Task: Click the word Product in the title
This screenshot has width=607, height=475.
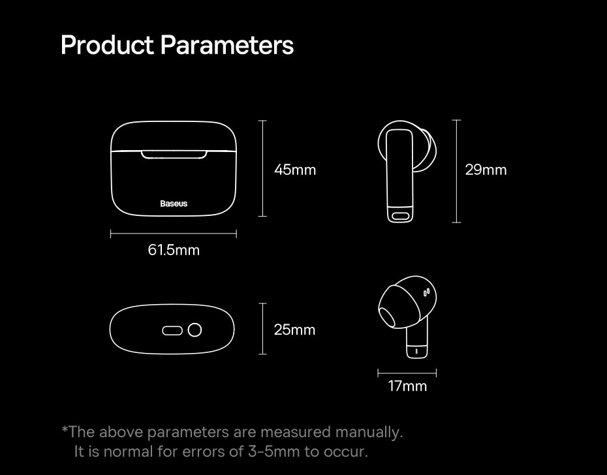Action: (x=107, y=45)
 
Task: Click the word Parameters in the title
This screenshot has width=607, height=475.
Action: (x=227, y=45)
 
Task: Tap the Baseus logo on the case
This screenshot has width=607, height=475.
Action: (x=174, y=204)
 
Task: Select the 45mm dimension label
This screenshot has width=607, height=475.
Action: (x=295, y=170)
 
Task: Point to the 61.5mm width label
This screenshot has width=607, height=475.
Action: (x=174, y=250)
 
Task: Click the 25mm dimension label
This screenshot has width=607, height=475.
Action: (x=294, y=330)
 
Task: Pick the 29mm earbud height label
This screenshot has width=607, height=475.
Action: (x=486, y=170)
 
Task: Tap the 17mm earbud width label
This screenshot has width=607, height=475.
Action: (x=407, y=386)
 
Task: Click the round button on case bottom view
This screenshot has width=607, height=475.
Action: (x=195, y=330)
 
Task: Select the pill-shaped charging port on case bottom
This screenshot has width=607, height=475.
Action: (x=172, y=331)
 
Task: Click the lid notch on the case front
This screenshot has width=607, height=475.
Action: (x=174, y=155)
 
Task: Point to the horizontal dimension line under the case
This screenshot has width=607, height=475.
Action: (x=174, y=234)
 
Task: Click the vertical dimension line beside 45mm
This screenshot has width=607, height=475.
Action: (x=262, y=168)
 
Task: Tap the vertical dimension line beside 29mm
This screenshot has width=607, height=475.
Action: (x=456, y=171)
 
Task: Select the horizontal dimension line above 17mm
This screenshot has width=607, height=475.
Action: (x=407, y=373)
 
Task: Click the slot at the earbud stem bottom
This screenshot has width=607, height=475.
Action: (x=401, y=216)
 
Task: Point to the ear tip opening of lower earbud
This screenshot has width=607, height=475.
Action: (x=387, y=316)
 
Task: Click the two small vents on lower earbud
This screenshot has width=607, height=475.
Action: (x=426, y=292)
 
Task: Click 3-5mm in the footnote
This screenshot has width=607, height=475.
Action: (x=273, y=452)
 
